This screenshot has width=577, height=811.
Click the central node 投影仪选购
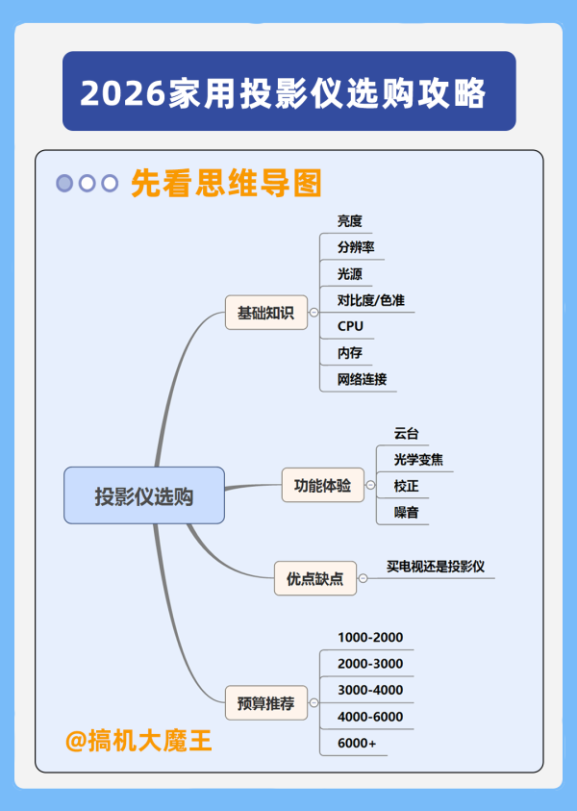144,495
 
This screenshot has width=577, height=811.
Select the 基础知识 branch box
265,313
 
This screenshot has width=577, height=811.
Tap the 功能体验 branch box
322,485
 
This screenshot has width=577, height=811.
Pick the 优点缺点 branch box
314,578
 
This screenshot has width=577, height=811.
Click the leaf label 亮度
350,221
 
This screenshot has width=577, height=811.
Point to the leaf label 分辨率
356,247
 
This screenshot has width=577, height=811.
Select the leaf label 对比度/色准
371,300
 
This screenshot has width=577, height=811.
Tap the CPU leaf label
351,326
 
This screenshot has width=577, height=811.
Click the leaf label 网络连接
363,379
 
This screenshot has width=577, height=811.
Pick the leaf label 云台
407,434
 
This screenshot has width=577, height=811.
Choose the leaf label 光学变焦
419,460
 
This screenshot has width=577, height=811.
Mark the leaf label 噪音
407,513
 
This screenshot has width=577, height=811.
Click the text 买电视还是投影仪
435,567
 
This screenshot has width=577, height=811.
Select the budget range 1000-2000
370,638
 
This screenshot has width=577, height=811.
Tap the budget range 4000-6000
370,717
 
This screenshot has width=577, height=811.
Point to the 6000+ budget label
358,744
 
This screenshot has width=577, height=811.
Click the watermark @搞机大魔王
138,742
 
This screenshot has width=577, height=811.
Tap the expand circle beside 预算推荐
314,702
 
